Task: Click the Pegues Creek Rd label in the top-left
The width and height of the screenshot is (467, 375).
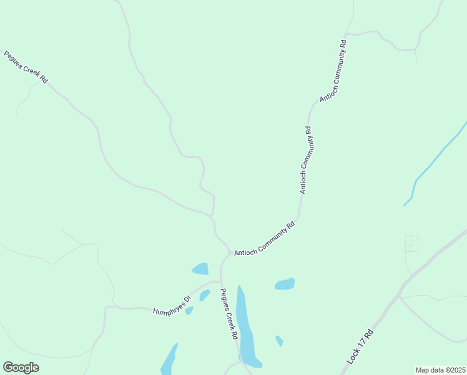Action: coord(26,67)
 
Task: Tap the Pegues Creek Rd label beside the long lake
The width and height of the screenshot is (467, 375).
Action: coord(230,314)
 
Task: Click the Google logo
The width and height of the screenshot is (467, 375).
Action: coord(21,367)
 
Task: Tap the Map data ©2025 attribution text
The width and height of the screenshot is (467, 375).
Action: coord(440,370)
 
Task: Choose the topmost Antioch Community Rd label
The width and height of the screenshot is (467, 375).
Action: coord(333,71)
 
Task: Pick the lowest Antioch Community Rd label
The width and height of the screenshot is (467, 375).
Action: coord(263,239)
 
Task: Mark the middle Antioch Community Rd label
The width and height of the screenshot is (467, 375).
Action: coord(305,160)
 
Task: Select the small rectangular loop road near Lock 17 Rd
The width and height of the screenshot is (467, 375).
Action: coord(411,243)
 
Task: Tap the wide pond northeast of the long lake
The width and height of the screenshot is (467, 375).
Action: coord(285,284)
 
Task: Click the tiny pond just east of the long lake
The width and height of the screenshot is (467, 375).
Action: coord(279,341)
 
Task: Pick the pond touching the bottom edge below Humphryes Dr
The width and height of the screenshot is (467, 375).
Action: coord(169,360)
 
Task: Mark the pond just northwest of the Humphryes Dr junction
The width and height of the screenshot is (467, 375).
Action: coord(200,269)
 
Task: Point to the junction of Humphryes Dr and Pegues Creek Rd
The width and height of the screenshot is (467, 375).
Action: coord(220,282)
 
